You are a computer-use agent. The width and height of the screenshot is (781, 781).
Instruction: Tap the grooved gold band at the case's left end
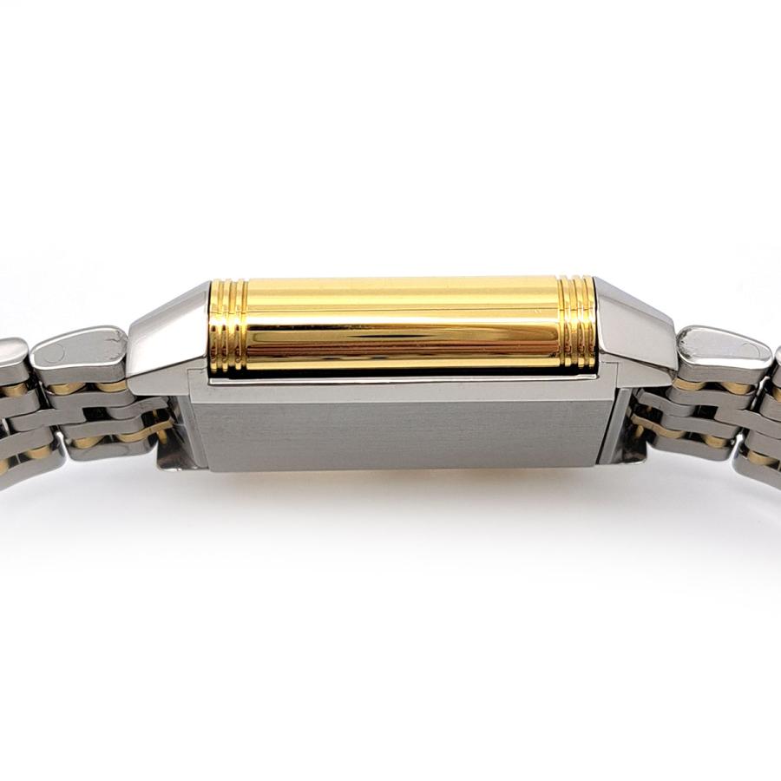[229, 326]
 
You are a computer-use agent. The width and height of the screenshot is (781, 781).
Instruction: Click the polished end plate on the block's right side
[629, 425]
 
